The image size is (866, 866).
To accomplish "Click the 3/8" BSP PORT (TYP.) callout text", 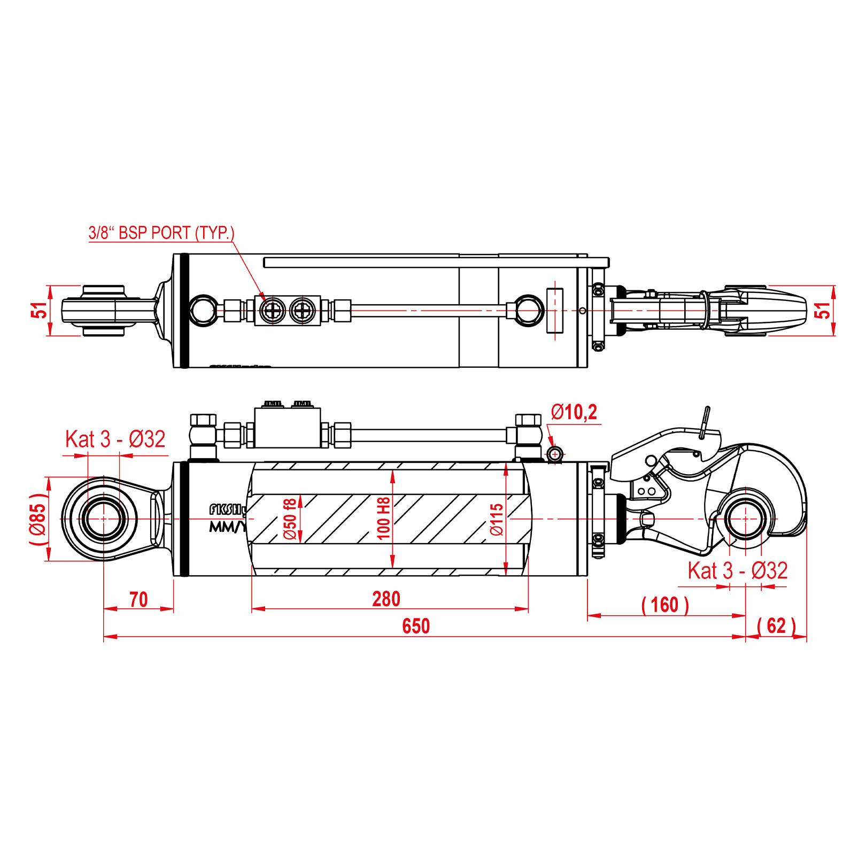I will coord(161,233).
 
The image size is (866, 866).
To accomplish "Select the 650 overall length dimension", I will coord(416,626).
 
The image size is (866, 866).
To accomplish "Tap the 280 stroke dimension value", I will coord(386,599).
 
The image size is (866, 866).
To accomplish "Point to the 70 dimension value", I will coord(138,599).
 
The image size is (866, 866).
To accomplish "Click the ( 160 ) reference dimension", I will coord(665,605).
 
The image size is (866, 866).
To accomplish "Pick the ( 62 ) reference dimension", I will coord(776,625).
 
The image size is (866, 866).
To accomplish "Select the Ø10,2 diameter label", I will coord(574,412).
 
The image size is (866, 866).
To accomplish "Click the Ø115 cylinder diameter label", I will coord(497,519).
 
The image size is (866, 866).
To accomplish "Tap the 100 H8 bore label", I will coord(383,519).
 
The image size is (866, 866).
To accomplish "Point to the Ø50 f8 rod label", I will coord(290,519).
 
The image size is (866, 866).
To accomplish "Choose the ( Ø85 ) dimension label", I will coord(38,519).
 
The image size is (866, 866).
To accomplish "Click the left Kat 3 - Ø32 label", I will coord(115,439).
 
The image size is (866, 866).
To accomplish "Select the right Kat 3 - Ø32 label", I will coord(737,571).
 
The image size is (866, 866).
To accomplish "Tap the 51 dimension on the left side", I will coord(39,310).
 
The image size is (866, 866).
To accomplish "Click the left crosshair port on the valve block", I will coord(272,311).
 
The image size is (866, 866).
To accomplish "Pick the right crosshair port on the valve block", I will coord(303,311).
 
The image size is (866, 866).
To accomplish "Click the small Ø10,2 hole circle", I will coord(555,454).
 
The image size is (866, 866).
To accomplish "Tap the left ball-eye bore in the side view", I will coord(104,519).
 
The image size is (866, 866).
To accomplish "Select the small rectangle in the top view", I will coord(555,311).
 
